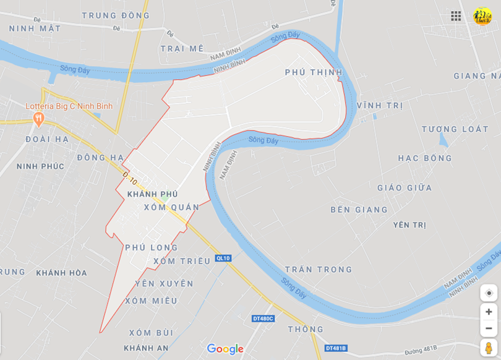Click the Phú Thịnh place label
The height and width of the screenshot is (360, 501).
314,72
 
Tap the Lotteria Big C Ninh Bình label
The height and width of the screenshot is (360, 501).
69,106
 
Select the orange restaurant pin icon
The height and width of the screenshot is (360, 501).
39,118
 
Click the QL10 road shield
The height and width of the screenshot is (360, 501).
223,258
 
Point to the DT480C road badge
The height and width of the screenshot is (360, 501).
263,319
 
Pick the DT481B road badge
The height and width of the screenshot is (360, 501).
336,348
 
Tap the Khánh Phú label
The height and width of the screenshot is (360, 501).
152,194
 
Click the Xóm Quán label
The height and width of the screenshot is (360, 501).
171,207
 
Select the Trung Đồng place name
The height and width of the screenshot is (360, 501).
116,15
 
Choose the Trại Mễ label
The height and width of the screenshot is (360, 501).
182,48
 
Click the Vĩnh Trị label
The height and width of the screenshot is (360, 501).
380,106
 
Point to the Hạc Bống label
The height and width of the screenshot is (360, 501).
425,158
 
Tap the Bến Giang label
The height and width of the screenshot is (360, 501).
359,210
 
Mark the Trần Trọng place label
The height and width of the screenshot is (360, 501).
319,270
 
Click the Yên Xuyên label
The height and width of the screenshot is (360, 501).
164,284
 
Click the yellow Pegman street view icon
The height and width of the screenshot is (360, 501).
489,348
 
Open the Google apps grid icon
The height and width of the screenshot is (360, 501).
456,16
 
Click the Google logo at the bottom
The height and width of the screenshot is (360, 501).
225,349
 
